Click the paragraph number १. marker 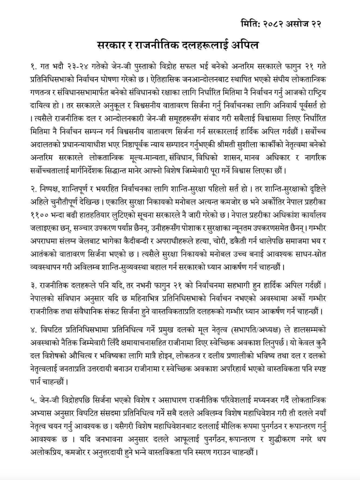(34, 67)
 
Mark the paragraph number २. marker (35, 189)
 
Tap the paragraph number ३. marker (34, 285)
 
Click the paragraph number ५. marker (34, 401)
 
